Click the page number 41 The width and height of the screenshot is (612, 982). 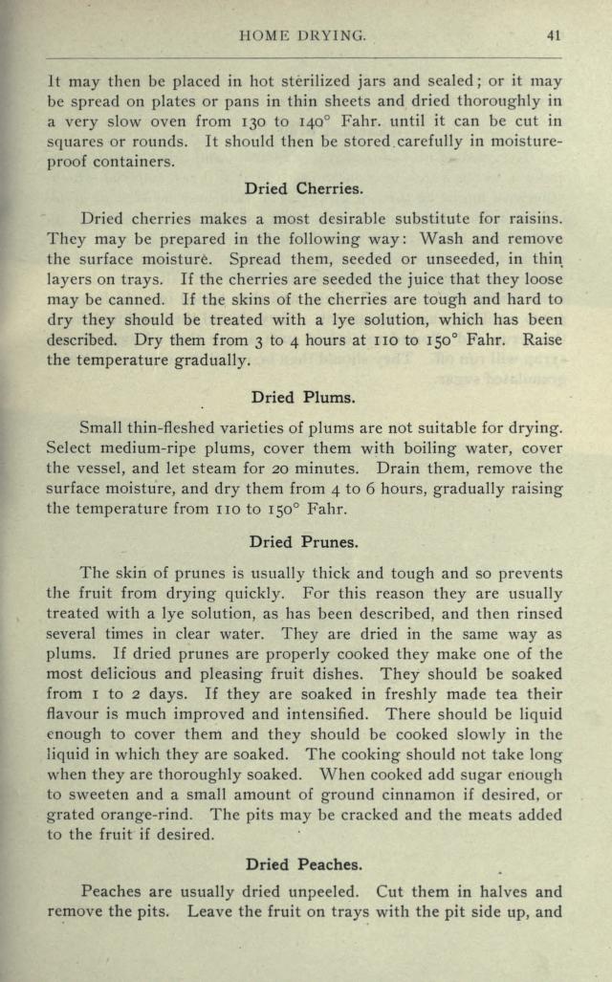(554, 35)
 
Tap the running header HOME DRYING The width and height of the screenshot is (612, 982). (304, 35)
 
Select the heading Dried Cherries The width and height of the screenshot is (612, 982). (303, 188)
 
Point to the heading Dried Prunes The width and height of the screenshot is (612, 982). (303, 542)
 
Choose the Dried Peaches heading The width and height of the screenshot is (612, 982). (303, 864)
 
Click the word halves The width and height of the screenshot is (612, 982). (500, 892)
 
